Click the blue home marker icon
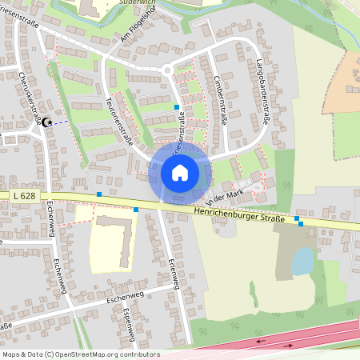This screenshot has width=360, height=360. coord(179,172)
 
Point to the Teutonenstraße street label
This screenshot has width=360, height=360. coord(118,120)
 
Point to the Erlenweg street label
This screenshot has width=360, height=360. coord(173,276)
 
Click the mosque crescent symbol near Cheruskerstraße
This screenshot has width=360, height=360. coord(46,122)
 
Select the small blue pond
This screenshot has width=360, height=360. coord(302,262)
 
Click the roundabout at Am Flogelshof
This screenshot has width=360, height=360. coord(167,70)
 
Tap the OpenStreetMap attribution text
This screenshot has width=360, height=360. coord(80,354)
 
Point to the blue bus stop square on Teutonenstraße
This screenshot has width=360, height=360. coord(177,106)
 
